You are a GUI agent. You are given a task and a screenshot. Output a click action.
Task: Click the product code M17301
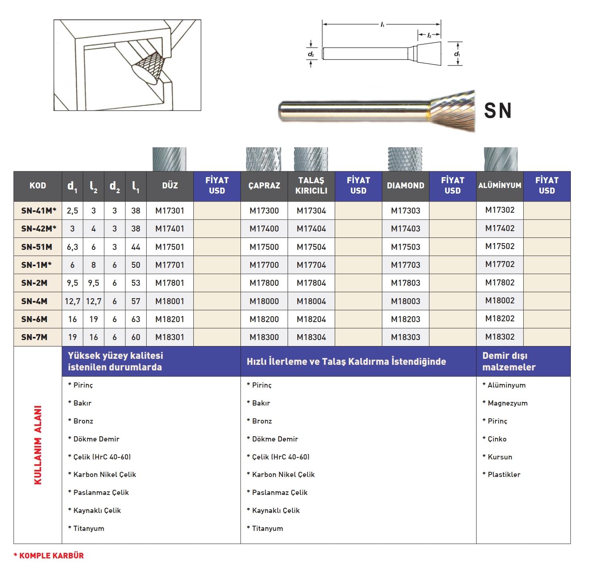click(x=170, y=210)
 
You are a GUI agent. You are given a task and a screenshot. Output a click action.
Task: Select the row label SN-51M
click(x=37, y=247)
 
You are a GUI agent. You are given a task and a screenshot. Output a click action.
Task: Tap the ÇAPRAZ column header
click(x=264, y=186)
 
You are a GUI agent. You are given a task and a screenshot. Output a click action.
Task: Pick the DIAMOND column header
click(x=405, y=186)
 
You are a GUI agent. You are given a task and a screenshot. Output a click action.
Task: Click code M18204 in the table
click(x=311, y=319)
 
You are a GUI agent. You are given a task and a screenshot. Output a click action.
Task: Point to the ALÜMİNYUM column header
click(x=500, y=186)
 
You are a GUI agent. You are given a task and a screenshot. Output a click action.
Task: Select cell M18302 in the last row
click(x=500, y=336)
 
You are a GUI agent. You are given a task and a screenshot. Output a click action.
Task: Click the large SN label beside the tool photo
click(x=498, y=111)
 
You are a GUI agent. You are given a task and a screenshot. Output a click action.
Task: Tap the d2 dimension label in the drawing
click(x=311, y=54)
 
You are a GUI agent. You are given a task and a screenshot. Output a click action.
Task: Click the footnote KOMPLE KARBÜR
click(x=49, y=555)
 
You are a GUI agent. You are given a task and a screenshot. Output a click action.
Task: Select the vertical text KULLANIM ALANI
click(x=38, y=445)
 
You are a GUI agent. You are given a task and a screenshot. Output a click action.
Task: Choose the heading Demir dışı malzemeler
click(x=509, y=361)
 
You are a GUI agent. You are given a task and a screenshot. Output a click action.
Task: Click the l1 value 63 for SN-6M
click(x=136, y=319)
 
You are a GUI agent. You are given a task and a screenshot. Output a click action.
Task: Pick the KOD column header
click(x=38, y=186)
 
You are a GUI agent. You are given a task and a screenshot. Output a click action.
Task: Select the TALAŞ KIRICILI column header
click(x=311, y=186)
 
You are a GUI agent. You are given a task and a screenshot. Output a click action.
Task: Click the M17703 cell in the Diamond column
click(x=405, y=265)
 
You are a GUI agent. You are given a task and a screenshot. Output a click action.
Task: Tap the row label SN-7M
click(x=34, y=337)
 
